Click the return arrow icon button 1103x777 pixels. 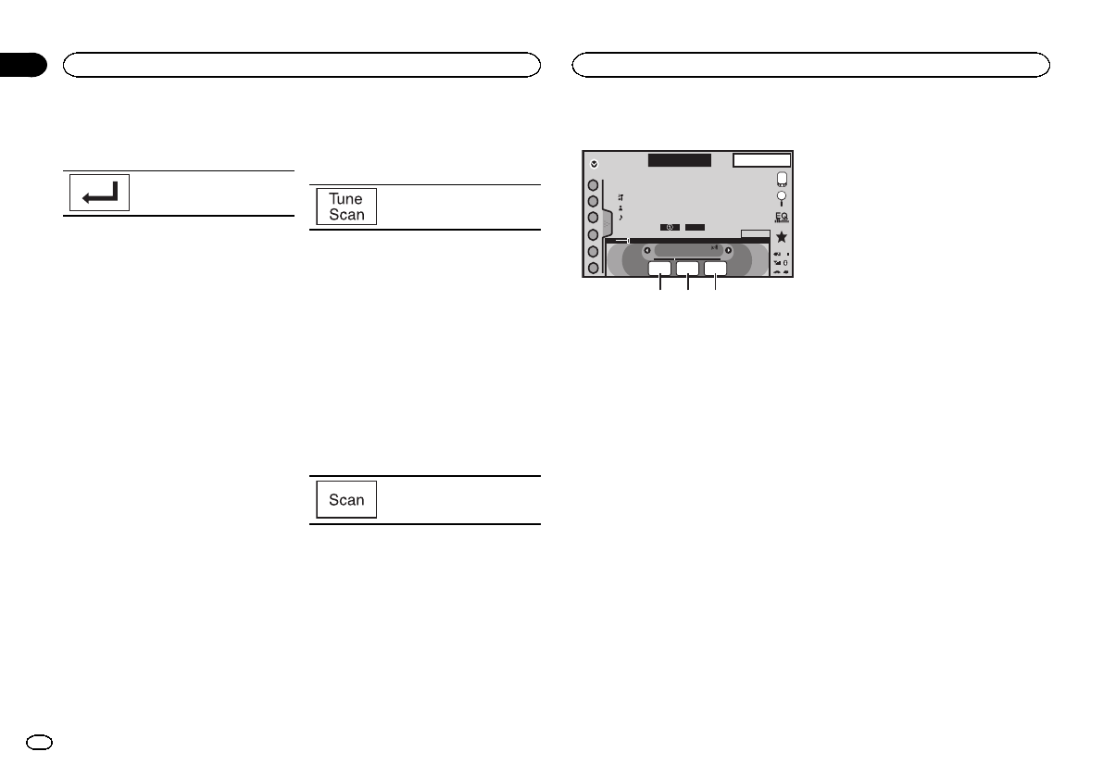[100, 194]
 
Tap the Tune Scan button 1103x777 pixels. [346, 207]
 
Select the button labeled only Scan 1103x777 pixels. [346, 500]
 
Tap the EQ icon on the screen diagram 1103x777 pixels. [782, 216]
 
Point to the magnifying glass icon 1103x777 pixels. [782, 198]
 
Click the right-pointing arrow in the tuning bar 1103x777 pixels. [729, 250]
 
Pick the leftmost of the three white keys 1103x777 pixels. [659, 269]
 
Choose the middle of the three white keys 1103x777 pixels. [687, 269]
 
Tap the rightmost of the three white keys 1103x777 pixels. [715, 269]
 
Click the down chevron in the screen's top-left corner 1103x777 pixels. [594, 164]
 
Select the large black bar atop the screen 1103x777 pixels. [679, 160]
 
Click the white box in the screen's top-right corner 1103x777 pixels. [761, 160]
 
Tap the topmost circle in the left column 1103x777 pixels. [593, 184]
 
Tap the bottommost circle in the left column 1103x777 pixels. [593, 268]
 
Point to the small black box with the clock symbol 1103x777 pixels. [671, 226]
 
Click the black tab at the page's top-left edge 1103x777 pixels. [22, 65]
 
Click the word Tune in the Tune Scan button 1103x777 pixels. [346, 199]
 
